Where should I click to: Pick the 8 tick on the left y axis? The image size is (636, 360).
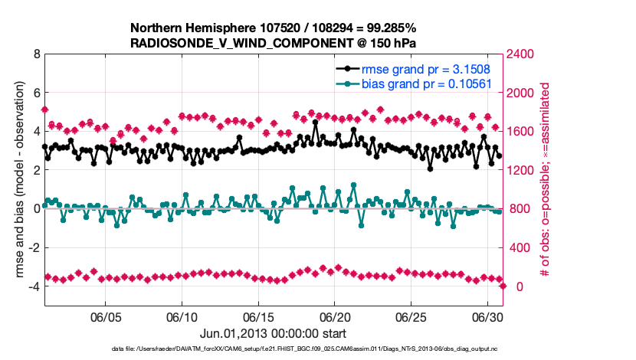36,55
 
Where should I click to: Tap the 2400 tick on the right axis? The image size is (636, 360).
522,55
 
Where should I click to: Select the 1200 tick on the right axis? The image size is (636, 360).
522,170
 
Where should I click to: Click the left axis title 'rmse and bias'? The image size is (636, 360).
17,180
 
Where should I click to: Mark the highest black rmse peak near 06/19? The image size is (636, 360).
315,123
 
